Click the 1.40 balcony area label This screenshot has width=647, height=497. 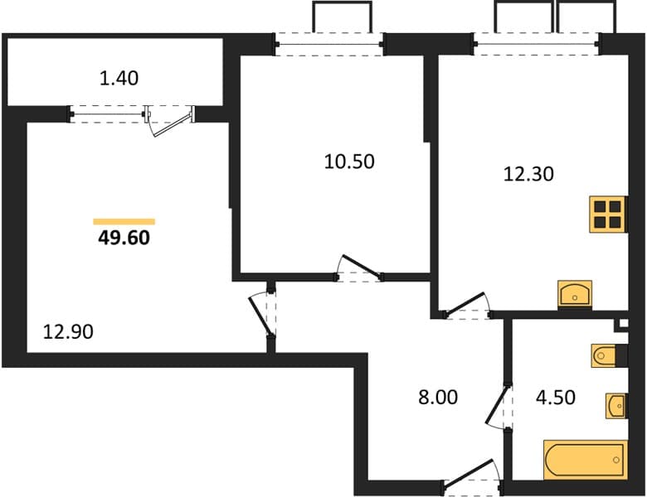pos(119,79)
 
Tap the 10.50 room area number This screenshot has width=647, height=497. pos(349,162)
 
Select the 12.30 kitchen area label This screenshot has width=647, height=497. pos(528,174)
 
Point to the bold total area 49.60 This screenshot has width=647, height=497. pos(124,238)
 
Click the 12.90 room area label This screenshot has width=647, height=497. pos(68,331)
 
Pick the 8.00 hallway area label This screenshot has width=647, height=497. pos(438,398)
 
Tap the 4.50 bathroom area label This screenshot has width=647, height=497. pos(556,398)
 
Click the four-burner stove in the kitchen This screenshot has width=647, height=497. pos(608,215)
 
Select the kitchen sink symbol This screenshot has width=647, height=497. pos(575,294)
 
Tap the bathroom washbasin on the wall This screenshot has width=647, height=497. pos(616,406)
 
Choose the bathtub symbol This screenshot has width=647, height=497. pos(585,460)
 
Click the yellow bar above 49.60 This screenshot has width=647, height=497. pos(124,222)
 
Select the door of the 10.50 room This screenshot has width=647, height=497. pos(359,268)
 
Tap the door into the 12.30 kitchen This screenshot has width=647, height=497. pos(467,306)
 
